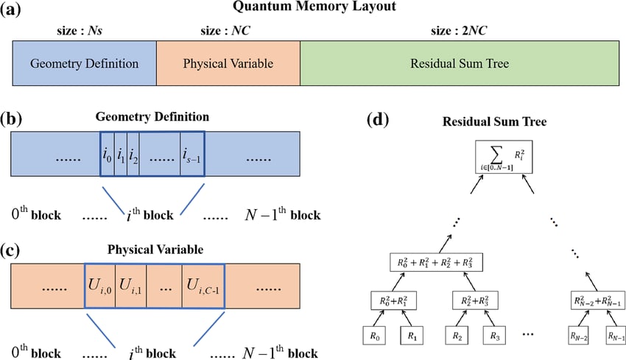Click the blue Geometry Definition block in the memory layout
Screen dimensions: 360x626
coord(84,63)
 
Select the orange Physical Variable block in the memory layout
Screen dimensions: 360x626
coord(228,63)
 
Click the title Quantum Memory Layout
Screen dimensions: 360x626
coord(314,8)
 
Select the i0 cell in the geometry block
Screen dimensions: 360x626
coord(108,155)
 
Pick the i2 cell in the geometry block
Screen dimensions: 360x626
coord(133,155)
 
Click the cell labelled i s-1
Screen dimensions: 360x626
coord(191,155)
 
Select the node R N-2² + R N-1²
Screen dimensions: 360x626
coord(597,300)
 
